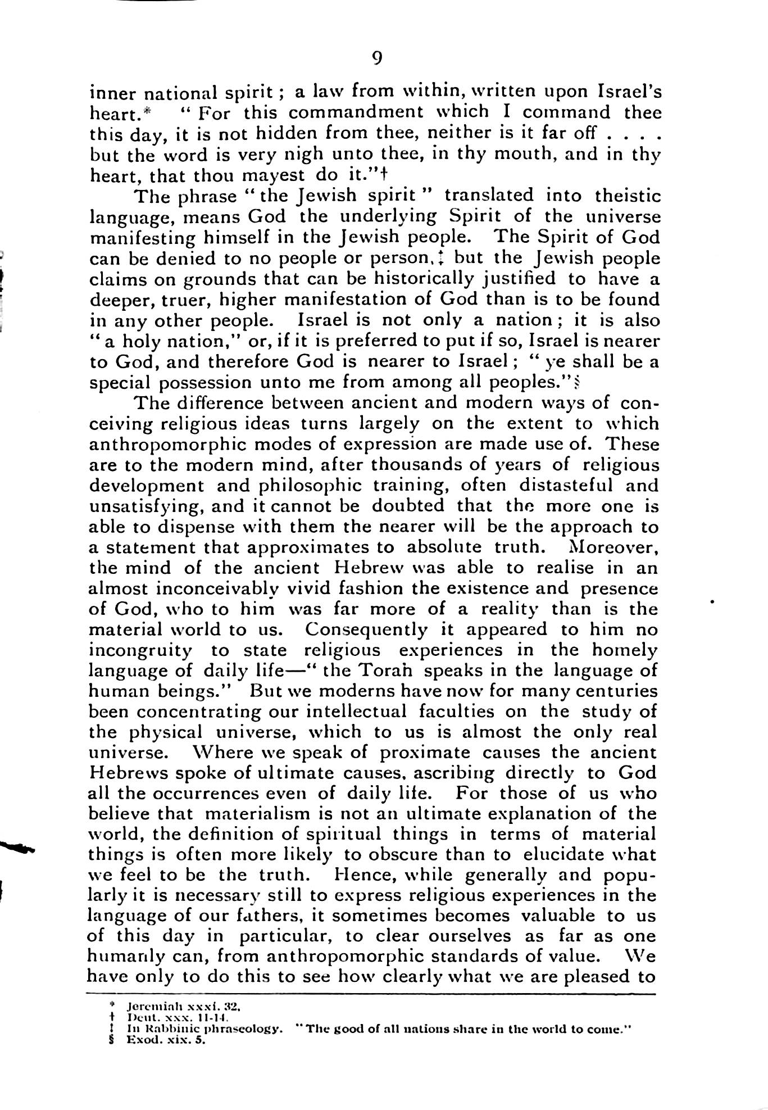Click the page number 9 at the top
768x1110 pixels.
[377, 58]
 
